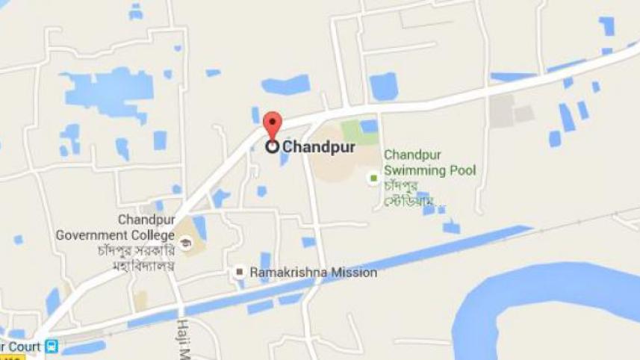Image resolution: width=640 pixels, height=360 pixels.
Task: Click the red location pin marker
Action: tap(274, 124)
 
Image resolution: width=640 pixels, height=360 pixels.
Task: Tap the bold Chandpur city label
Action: tap(319, 147)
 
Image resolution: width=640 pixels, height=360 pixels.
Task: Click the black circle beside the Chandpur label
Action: tap(273, 147)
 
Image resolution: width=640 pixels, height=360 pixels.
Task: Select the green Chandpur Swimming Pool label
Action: tap(429, 163)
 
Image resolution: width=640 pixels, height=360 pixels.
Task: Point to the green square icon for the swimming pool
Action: tap(373, 179)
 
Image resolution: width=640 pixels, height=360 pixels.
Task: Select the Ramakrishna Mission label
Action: tap(314, 273)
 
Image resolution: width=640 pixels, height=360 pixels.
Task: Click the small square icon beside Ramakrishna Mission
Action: tap(239, 273)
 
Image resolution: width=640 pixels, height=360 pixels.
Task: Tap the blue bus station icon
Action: tap(52, 347)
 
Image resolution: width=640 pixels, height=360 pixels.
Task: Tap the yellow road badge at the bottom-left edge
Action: tap(12, 357)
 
